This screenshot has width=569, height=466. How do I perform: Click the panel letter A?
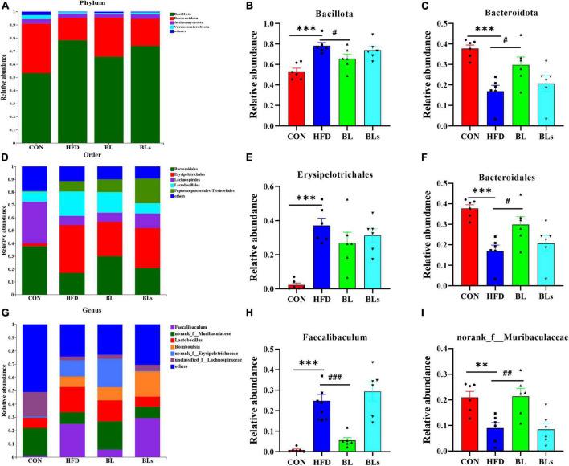tap(7, 6)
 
